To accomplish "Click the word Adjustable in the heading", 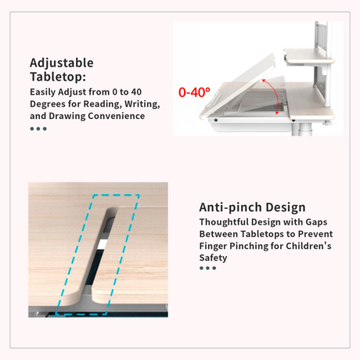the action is tap(62, 63).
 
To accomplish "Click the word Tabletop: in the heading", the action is tap(58, 77).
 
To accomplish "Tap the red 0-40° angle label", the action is tap(194, 92).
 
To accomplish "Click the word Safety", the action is tap(213, 258).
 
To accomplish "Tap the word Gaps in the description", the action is tap(316, 222).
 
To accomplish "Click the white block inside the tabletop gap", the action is tap(102, 244).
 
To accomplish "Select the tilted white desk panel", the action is tap(241, 85).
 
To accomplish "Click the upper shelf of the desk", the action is tap(309, 56).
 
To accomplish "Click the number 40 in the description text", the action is tap(136, 92).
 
